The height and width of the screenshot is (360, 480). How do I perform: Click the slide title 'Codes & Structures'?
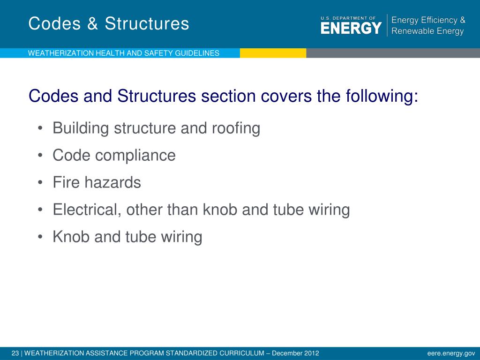[109, 23]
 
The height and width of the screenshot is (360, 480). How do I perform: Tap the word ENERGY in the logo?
[351, 29]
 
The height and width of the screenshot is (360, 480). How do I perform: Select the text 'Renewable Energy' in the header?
[427, 31]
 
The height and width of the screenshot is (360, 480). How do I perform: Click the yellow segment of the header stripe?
[273, 53]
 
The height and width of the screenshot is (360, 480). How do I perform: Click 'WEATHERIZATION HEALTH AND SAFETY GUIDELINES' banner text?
[124, 53]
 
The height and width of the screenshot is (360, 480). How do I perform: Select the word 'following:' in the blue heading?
[382, 97]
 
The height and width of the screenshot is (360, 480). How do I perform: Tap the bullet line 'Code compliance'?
[114, 155]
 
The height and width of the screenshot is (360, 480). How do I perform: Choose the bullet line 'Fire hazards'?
[97, 182]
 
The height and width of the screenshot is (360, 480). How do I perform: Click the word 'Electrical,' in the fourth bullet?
[88, 210]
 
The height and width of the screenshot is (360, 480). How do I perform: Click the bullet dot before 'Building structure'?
[41, 128]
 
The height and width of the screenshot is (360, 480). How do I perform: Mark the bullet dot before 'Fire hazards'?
[41, 183]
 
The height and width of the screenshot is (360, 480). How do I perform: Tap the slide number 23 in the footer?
[15, 353]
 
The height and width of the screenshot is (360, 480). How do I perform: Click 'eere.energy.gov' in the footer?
[451, 353]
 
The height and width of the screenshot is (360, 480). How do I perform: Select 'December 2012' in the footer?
[295, 353]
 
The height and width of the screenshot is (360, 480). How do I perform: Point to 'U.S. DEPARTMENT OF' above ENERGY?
[348, 18]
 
